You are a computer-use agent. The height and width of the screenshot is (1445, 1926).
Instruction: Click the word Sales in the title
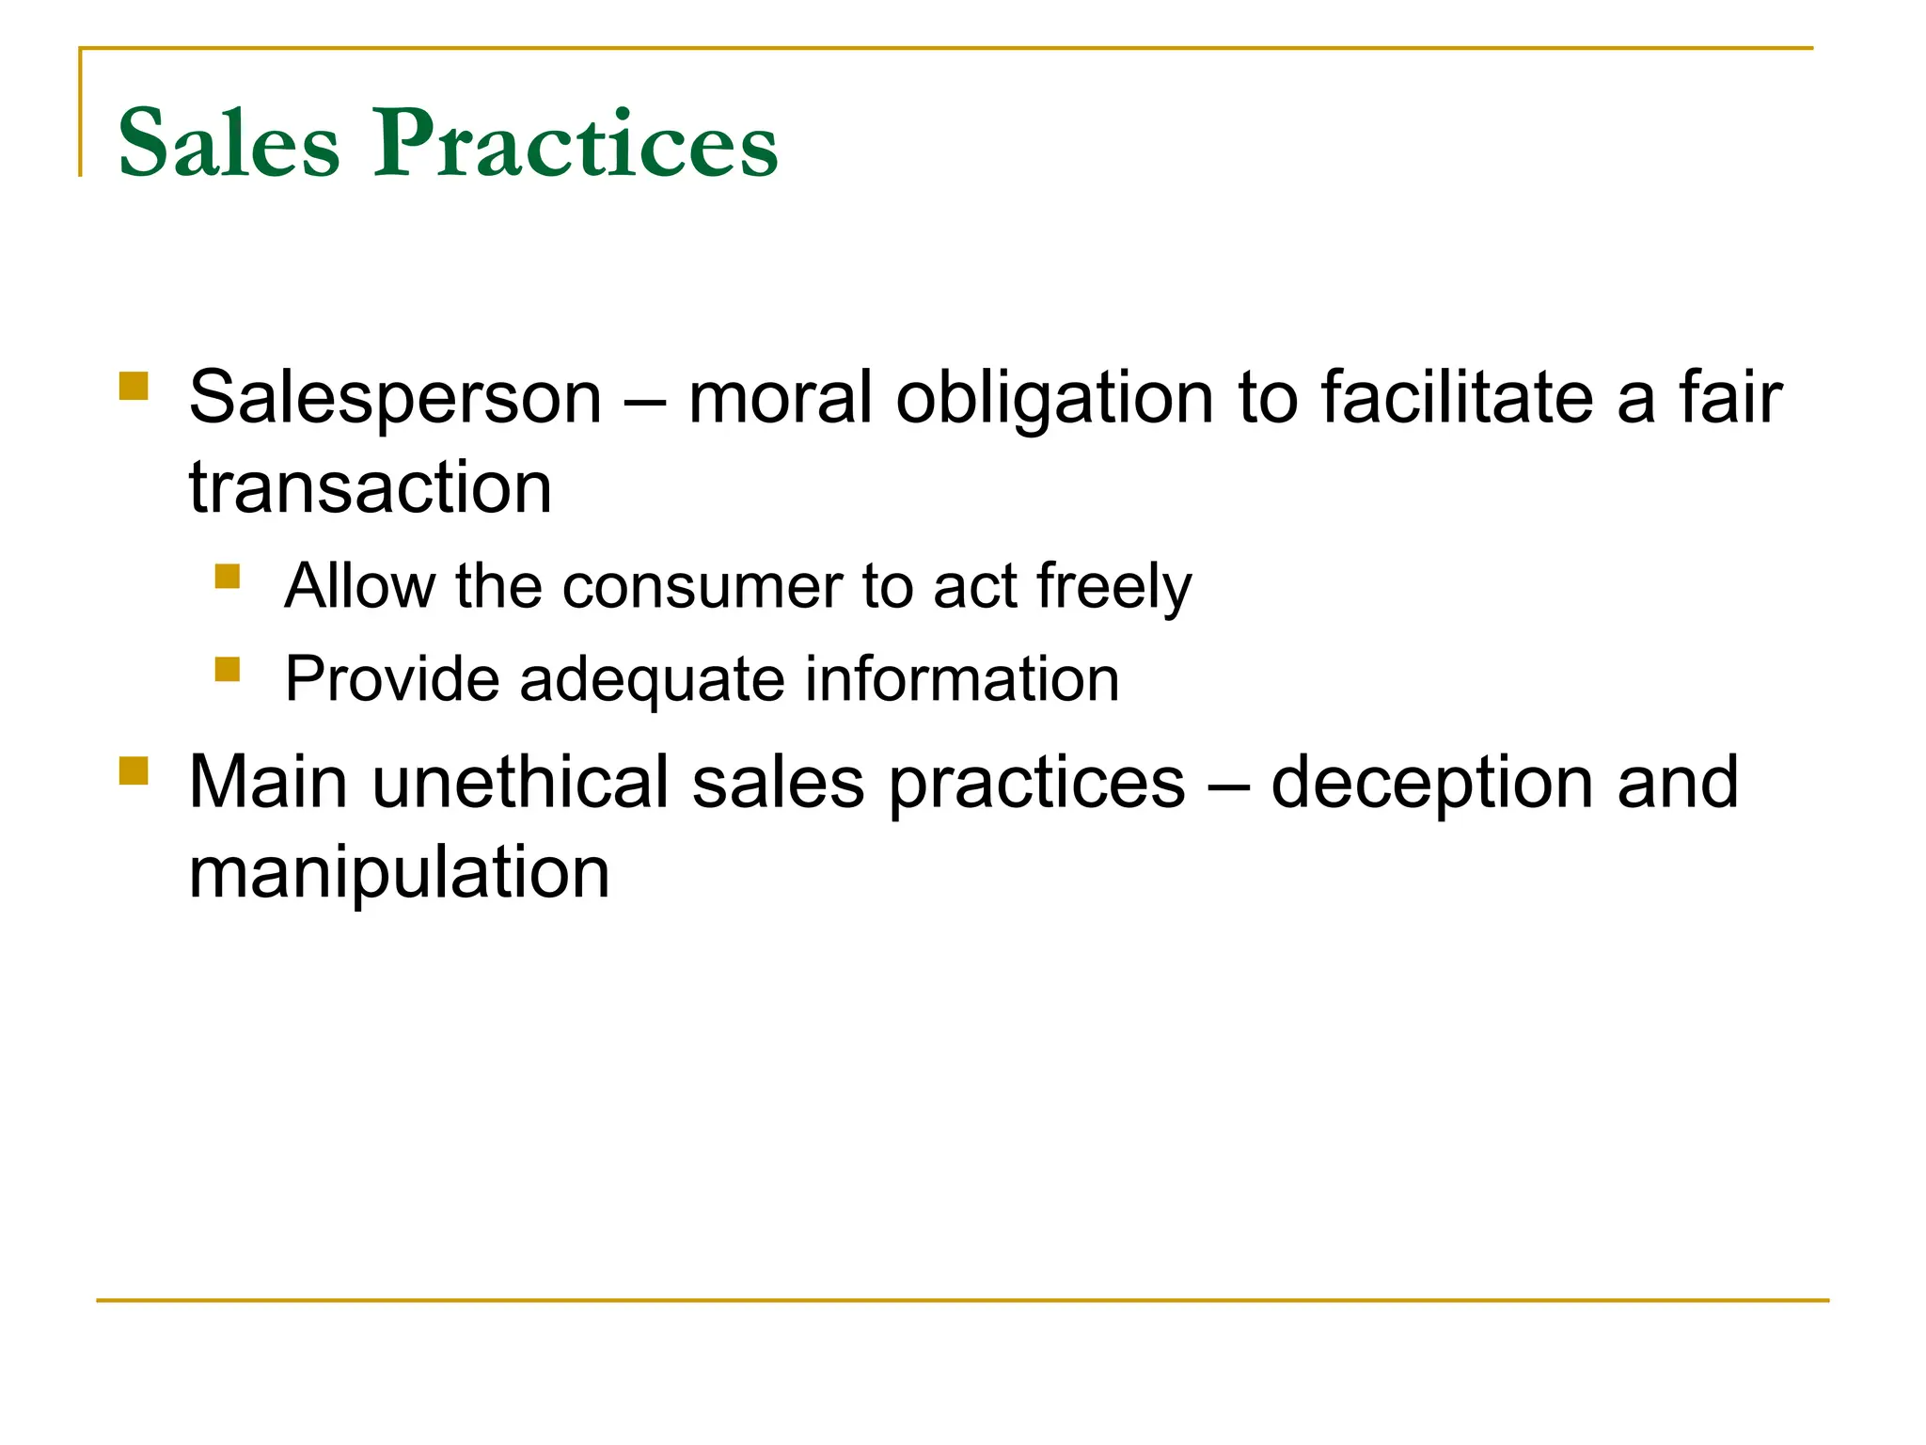point(229,143)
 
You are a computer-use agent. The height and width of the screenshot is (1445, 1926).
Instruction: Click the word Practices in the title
point(576,143)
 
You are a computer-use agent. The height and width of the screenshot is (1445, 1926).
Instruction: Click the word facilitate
point(1457,397)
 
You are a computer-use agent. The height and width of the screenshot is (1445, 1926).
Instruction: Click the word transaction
point(371,488)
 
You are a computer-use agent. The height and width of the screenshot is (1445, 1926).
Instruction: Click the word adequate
point(652,679)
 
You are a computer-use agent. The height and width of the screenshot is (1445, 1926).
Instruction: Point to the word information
point(962,679)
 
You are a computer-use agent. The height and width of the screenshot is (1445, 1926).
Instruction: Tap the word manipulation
point(400,873)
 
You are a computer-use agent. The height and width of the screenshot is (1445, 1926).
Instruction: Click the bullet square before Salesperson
point(134,387)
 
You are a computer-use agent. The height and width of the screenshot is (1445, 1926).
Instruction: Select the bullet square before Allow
point(228,575)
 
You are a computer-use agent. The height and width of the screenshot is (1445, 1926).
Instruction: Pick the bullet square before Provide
point(228,669)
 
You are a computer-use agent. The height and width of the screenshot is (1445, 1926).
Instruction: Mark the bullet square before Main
point(134,771)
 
